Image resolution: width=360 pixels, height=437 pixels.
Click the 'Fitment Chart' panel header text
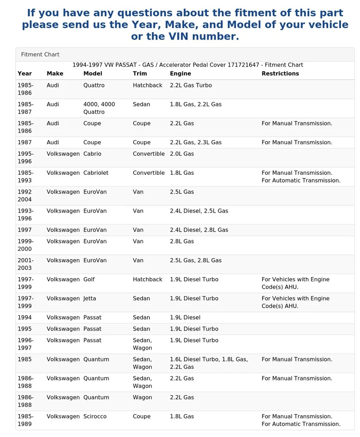tap(40, 55)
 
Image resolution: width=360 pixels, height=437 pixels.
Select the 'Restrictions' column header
tap(280, 74)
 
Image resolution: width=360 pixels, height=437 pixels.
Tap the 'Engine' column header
tap(180, 74)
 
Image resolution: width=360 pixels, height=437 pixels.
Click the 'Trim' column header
tap(140, 74)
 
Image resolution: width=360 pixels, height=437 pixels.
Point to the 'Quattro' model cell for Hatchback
tap(94, 86)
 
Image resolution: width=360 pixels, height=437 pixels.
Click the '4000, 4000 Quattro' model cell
tap(99, 108)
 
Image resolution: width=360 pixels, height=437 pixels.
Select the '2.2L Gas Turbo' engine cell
tap(190, 86)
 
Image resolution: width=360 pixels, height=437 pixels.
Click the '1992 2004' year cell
tap(25, 196)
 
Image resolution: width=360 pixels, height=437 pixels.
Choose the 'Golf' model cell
tap(89, 279)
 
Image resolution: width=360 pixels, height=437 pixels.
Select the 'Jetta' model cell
tap(90, 299)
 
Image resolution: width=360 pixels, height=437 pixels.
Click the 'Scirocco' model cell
tap(95, 417)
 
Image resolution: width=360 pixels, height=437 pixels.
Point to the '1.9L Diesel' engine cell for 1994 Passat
tap(185, 318)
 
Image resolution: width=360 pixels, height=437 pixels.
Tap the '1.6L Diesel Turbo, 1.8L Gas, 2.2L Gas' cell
tap(209, 363)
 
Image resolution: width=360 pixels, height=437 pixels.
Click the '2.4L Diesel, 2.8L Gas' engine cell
tap(199, 230)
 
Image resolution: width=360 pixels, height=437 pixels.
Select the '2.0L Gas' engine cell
tap(182, 154)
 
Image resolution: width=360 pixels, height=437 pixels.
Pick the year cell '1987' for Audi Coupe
tap(25, 142)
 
